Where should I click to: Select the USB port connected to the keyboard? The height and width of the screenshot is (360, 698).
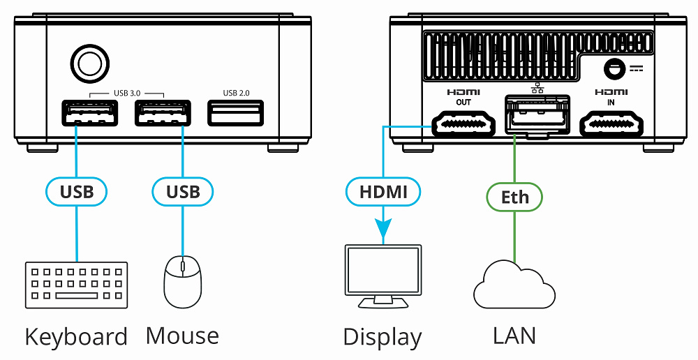coord(89,113)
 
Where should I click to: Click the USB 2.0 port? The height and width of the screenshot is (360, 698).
coord(235,113)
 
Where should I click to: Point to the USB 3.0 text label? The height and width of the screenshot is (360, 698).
coord(126,92)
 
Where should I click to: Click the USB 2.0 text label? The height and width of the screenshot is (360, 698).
coord(235,92)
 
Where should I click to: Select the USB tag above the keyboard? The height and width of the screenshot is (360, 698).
coord(77,191)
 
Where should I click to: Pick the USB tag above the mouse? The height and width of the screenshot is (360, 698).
coord(183,191)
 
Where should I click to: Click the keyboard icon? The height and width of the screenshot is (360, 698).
coord(77,285)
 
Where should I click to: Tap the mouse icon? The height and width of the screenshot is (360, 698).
coord(183,282)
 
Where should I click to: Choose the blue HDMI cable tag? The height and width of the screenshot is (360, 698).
coord(383,191)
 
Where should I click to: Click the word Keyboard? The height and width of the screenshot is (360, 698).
coord(76,337)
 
